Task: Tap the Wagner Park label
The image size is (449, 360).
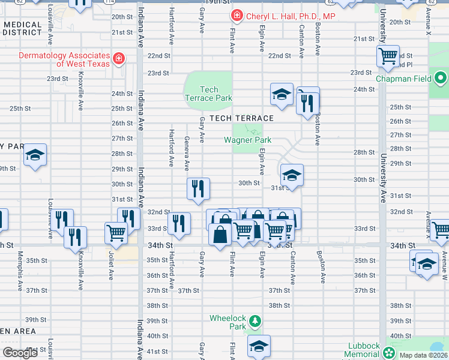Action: pos(247,140)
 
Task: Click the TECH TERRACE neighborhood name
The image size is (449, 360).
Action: pos(241,118)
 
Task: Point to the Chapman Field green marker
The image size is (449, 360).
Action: pos(441,78)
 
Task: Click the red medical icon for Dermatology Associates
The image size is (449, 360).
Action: pos(119,58)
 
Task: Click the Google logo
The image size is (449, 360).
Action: pos(20,353)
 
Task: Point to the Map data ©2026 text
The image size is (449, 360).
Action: pos(423,355)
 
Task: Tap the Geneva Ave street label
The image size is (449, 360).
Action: pos(187,152)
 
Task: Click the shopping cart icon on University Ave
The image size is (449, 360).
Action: pos(388,56)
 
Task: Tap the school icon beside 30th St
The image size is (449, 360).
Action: pos(292,175)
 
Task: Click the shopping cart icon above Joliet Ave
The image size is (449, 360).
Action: pos(116,232)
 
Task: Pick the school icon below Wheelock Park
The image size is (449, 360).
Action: pos(259,346)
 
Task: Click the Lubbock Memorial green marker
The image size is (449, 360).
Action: pos(391,352)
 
